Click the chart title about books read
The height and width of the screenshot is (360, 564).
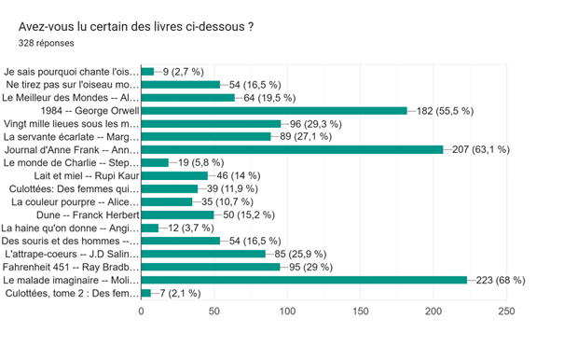click(x=136, y=27)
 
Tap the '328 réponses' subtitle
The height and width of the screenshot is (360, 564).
click(x=46, y=43)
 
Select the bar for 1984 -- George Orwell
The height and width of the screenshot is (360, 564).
click(x=274, y=111)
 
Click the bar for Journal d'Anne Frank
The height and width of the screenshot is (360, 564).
click(x=292, y=150)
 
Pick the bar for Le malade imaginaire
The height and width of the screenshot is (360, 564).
click(x=304, y=280)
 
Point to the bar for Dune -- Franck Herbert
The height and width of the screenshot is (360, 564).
click(x=178, y=215)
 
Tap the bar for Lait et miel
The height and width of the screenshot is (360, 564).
click(x=174, y=175)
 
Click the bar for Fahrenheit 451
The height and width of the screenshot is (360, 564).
click(x=211, y=267)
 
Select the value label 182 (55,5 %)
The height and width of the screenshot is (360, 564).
click(x=445, y=111)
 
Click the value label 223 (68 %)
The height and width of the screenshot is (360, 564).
click(x=501, y=280)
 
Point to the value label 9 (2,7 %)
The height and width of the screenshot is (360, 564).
click(x=184, y=72)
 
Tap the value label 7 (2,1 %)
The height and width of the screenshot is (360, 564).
click(x=180, y=294)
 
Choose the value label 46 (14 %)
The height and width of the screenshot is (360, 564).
click(x=239, y=175)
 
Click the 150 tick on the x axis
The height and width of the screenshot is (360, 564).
click(x=361, y=312)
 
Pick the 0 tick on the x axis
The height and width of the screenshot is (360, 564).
click(x=141, y=312)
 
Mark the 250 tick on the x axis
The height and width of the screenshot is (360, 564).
click(x=506, y=312)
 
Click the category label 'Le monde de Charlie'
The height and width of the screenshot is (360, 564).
click(x=71, y=162)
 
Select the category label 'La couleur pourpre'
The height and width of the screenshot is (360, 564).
click(x=75, y=202)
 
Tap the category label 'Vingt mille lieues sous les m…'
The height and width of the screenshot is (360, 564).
click(x=71, y=124)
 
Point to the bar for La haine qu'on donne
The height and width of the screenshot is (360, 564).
click(x=150, y=228)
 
